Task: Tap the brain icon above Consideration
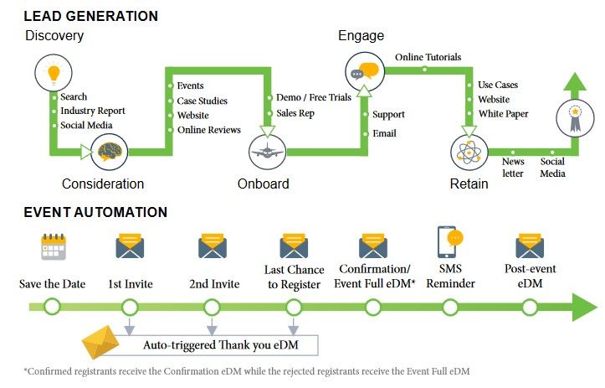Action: tap(113, 152)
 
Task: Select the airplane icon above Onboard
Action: tap(268, 153)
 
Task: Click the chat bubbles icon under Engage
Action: tap(365, 70)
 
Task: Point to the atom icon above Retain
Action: tap(469, 153)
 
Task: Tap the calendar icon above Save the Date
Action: tap(53, 247)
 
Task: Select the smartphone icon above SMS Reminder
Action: tap(450, 243)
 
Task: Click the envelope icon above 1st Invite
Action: tap(130, 246)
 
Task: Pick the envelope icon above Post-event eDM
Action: tap(531, 246)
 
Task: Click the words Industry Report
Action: tap(93, 111)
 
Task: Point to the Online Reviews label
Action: tap(209, 130)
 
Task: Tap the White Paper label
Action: tap(503, 113)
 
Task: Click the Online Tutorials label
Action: tap(428, 57)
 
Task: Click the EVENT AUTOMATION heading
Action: tap(95, 212)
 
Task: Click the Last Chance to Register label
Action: tap(293, 277)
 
